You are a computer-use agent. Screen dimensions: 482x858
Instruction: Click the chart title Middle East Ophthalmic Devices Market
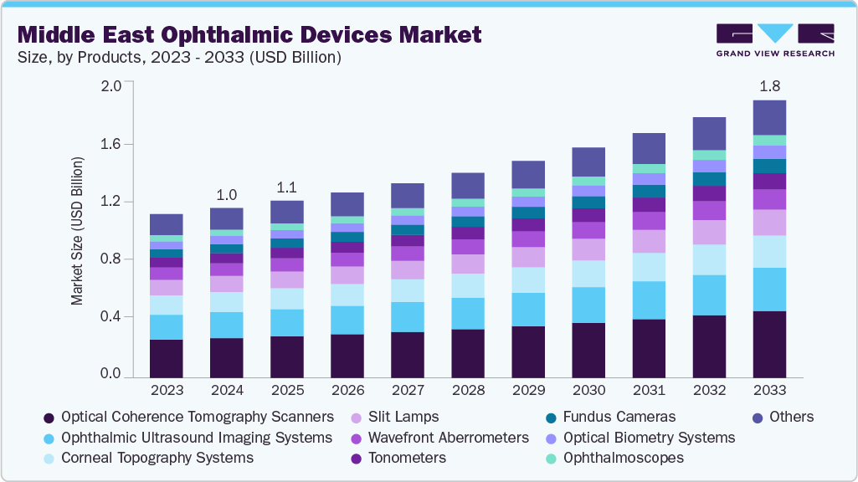pyautogui.click(x=249, y=34)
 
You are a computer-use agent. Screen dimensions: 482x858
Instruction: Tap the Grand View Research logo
pyautogui.click(x=775, y=40)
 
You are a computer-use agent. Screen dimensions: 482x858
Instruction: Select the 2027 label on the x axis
pyautogui.click(x=408, y=392)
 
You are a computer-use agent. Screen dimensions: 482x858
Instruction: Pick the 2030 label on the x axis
pyautogui.click(x=588, y=392)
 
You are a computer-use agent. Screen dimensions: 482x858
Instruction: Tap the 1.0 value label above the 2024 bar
pyautogui.click(x=226, y=194)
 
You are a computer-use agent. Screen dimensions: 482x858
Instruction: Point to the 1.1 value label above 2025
pyautogui.click(x=286, y=187)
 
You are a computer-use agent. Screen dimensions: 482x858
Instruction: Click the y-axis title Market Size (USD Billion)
pyautogui.click(x=77, y=230)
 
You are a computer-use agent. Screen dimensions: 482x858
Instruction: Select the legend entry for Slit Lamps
pyautogui.click(x=404, y=417)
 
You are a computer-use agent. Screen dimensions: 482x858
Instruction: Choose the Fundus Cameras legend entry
pyautogui.click(x=619, y=417)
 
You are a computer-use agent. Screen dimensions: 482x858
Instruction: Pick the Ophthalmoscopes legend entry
pyautogui.click(x=623, y=458)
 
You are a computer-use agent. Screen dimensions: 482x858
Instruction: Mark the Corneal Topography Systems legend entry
pyautogui.click(x=157, y=458)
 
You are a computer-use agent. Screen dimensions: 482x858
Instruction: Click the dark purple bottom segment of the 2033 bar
pyautogui.click(x=769, y=344)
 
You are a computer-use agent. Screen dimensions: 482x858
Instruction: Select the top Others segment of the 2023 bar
pyautogui.click(x=167, y=224)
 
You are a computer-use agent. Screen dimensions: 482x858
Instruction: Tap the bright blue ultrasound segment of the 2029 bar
pyautogui.click(x=528, y=309)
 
